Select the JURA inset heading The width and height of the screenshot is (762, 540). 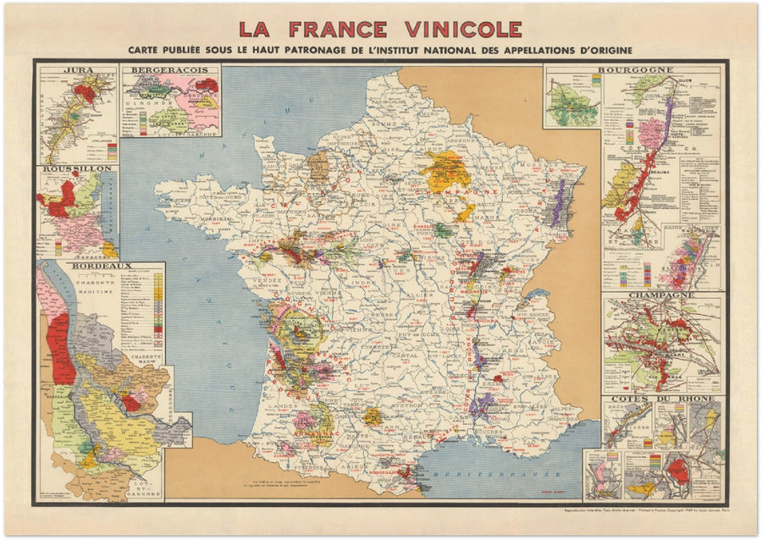coord(77,70)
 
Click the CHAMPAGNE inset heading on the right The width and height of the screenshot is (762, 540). coord(662,295)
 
